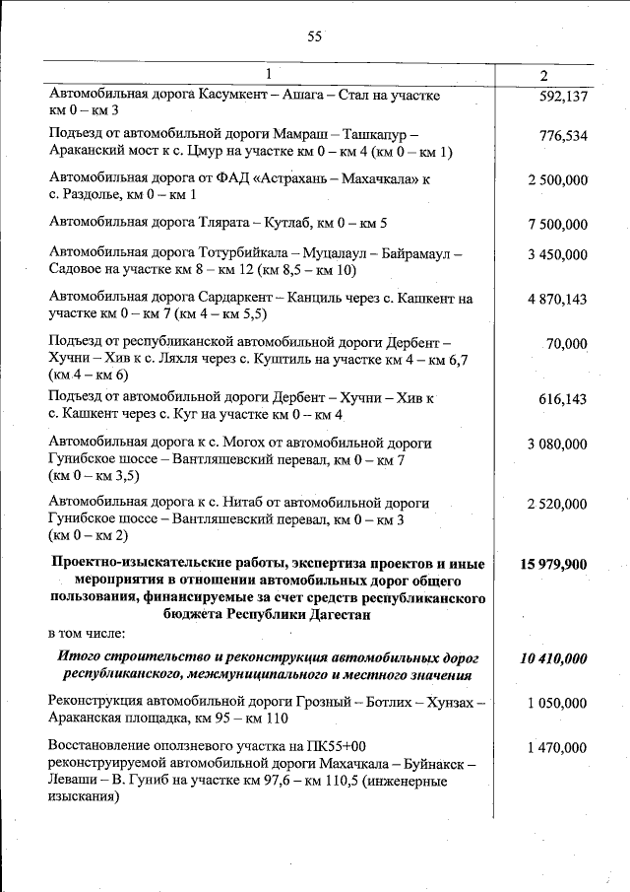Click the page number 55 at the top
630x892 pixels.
315,36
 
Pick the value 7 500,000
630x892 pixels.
557,224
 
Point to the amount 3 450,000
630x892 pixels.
557,255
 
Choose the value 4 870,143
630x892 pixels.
557,300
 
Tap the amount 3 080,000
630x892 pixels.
557,445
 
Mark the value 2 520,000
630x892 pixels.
557,505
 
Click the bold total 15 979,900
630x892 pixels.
553,565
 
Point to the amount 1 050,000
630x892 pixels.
557,704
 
